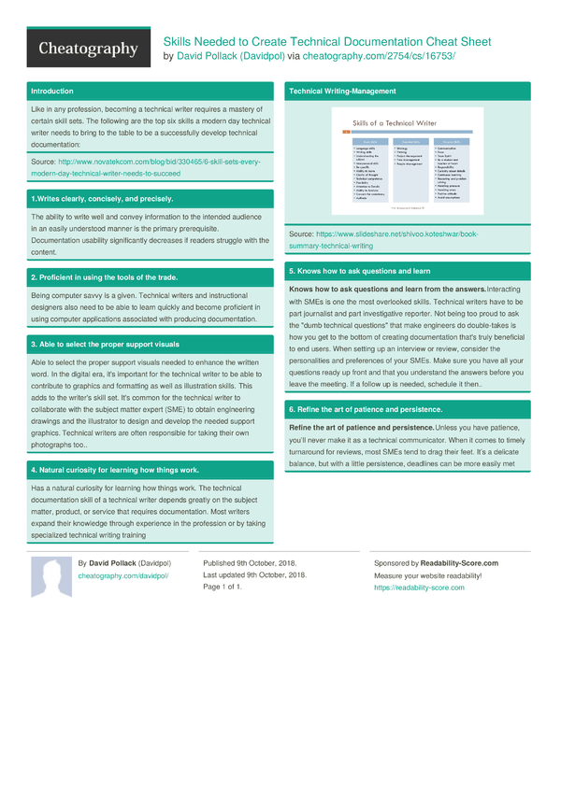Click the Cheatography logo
[88, 49]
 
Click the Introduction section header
[51, 91]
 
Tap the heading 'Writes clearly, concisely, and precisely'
[102, 199]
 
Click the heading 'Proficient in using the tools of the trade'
[104, 277]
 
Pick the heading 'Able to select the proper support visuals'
[105, 344]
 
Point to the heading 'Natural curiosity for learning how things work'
[114, 470]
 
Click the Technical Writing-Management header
[342, 91]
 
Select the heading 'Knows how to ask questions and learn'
[359, 271]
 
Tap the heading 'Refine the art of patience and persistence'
[366, 410]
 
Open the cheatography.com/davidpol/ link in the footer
[122, 577]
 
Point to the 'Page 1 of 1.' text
[223, 587]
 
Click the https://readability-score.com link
[419, 588]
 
